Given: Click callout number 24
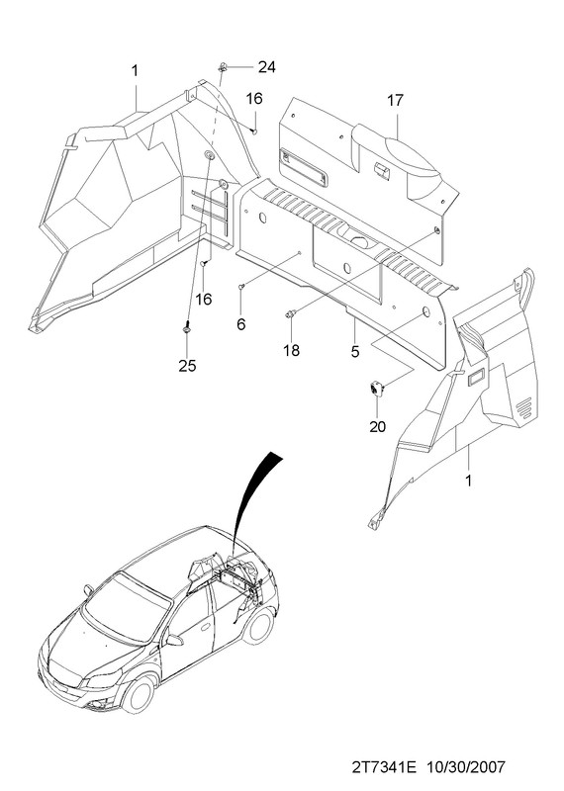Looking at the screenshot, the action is point(266,66).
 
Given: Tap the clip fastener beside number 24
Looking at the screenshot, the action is point(223,66).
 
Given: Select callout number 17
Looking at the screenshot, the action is point(396,101).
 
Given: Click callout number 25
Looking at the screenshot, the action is point(187,366).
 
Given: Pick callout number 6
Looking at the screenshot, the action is point(240,324).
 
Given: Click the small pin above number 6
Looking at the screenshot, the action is point(241,287).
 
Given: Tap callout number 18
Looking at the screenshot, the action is point(291,350).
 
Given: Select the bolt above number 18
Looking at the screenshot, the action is point(291,314).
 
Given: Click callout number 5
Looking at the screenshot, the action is point(355,352).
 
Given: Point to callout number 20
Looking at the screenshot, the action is point(377,426).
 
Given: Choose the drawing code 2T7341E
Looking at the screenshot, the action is point(384,767).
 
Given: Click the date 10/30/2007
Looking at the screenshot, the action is point(466,767).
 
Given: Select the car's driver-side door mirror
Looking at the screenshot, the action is point(175,640).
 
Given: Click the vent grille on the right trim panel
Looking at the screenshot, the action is point(523,406).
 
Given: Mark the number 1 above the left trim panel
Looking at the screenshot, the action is point(135,70).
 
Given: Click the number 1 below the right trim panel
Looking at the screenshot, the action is point(468,481).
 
